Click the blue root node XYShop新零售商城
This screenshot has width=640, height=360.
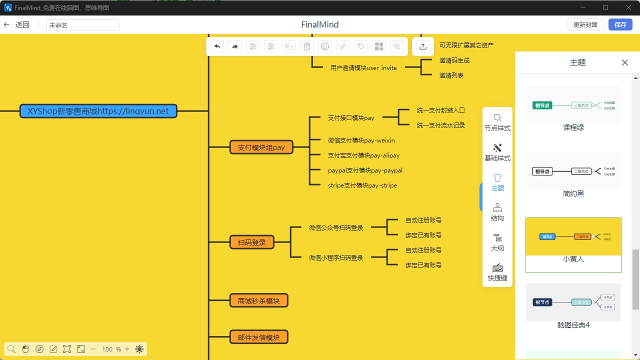point(98,111)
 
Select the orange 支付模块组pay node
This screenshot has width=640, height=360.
point(261,147)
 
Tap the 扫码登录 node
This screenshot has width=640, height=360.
point(252,242)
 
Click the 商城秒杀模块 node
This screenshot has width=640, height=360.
point(258,301)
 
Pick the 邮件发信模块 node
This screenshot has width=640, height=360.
point(258,337)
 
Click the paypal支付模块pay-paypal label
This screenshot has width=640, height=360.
point(365,170)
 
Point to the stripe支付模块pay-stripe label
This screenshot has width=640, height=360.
point(362,185)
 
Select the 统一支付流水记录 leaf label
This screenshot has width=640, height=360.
point(440,125)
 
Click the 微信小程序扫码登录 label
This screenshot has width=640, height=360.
point(336,258)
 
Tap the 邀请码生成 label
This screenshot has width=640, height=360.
point(454,60)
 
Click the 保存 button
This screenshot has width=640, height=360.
point(620,25)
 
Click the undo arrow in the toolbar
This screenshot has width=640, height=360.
point(217,46)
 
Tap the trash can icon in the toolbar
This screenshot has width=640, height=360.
point(307,46)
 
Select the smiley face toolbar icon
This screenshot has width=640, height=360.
point(325,46)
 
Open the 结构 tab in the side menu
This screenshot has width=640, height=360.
point(497,212)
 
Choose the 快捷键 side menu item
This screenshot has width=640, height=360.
point(497,272)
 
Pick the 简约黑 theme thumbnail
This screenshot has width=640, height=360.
point(573,171)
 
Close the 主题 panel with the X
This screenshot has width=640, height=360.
point(624,62)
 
